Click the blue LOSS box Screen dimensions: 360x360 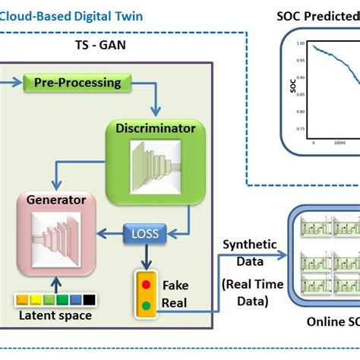(144, 233)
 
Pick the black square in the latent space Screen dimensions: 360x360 (90, 300)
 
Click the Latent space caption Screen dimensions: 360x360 (55, 315)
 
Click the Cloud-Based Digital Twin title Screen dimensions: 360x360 (71, 15)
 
